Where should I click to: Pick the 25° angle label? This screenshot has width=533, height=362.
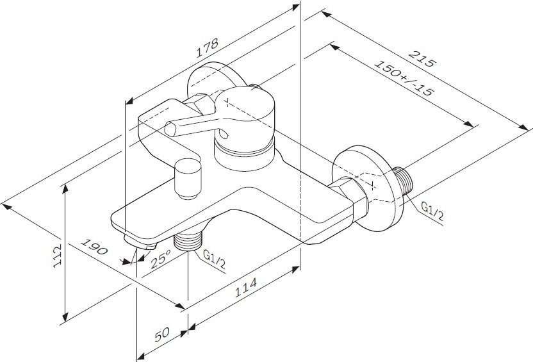[x=161, y=259]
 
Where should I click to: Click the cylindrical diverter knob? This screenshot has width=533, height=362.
[x=188, y=179]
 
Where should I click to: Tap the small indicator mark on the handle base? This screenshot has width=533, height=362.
[x=224, y=135]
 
